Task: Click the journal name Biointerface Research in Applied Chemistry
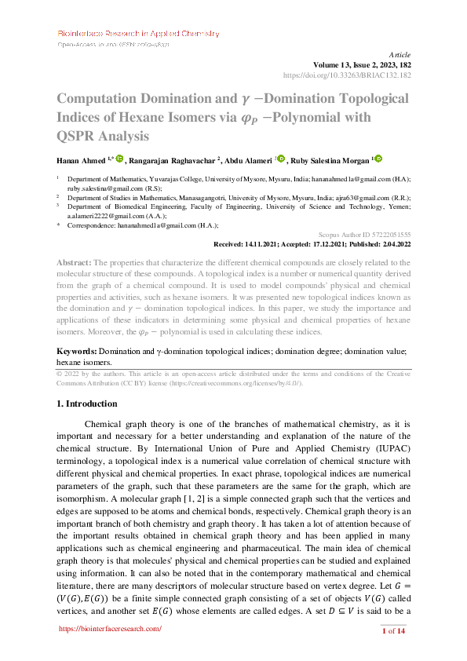click(x=138, y=34)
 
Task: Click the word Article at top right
click(x=400, y=54)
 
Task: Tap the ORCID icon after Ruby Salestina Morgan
click(x=378, y=159)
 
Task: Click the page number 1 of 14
click(x=393, y=630)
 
